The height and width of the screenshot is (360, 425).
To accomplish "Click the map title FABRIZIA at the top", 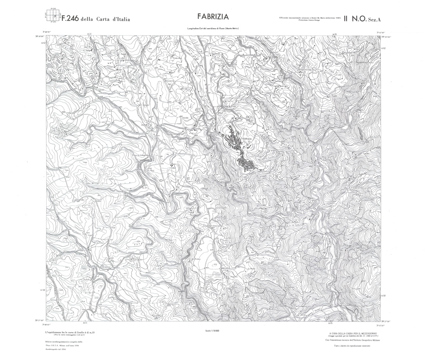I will pyautogui.click(x=213, y=17).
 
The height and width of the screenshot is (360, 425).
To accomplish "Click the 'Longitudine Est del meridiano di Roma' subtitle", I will pyautogui.click(x=213, y=29).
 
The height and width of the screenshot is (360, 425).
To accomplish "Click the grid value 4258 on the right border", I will pyautogui.click(x=383, y=296).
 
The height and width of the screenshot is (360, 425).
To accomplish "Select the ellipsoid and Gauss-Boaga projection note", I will pyautogui.click(x=309, y=18).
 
